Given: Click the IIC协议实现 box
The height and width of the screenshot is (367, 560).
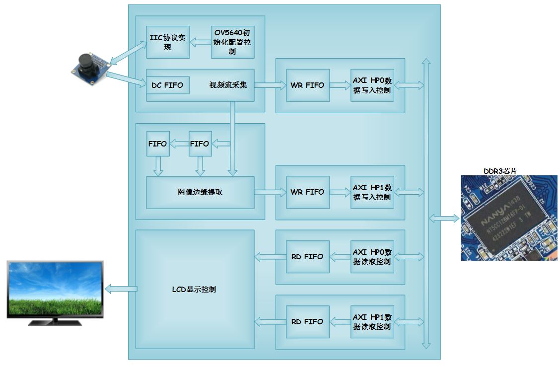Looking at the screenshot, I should pyautogui.click(x=168, y=43).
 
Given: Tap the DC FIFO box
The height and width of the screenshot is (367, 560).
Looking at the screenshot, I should pyautogui.click(x=167, y=85).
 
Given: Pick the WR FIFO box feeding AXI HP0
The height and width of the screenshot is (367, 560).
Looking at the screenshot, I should pyautogui.click(x=307, y=85).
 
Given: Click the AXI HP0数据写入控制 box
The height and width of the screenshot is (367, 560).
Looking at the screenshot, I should pyautogui.click(x=372, y=85).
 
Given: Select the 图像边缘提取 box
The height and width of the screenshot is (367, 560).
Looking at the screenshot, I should pyautogui.click(x=200, y=192).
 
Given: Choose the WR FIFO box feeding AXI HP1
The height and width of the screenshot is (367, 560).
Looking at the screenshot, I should pyautogui.click(x=307, y=192).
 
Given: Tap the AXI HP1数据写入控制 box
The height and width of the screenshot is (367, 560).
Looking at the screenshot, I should pyautogui.click(x=372, y=192).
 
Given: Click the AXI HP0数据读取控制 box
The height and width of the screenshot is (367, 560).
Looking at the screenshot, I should pyautogui.click(x=372, y=257).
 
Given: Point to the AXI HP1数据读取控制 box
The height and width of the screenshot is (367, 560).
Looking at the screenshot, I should pyautogui.click(x=372, y=322).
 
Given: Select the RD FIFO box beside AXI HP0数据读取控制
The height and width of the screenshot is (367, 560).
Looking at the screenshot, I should pyautogui.click(x=307, y=257).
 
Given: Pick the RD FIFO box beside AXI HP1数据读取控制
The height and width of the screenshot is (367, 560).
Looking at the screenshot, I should pyautogui.click(x=307, y=322).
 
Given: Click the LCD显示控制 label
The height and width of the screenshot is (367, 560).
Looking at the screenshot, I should pyautogui.click(x=194, y=290).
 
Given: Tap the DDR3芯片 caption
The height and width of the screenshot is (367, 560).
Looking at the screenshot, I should pyautogui.click(x=500, y=171).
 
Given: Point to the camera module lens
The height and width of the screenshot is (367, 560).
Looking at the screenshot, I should pyautogui.click(x=85, y=65).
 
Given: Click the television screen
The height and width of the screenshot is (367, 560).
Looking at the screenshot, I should pyautogui.click(x=55, y=289).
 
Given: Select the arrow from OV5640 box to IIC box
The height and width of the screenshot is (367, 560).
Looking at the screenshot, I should pyautogui.click(x=201, y=43).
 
